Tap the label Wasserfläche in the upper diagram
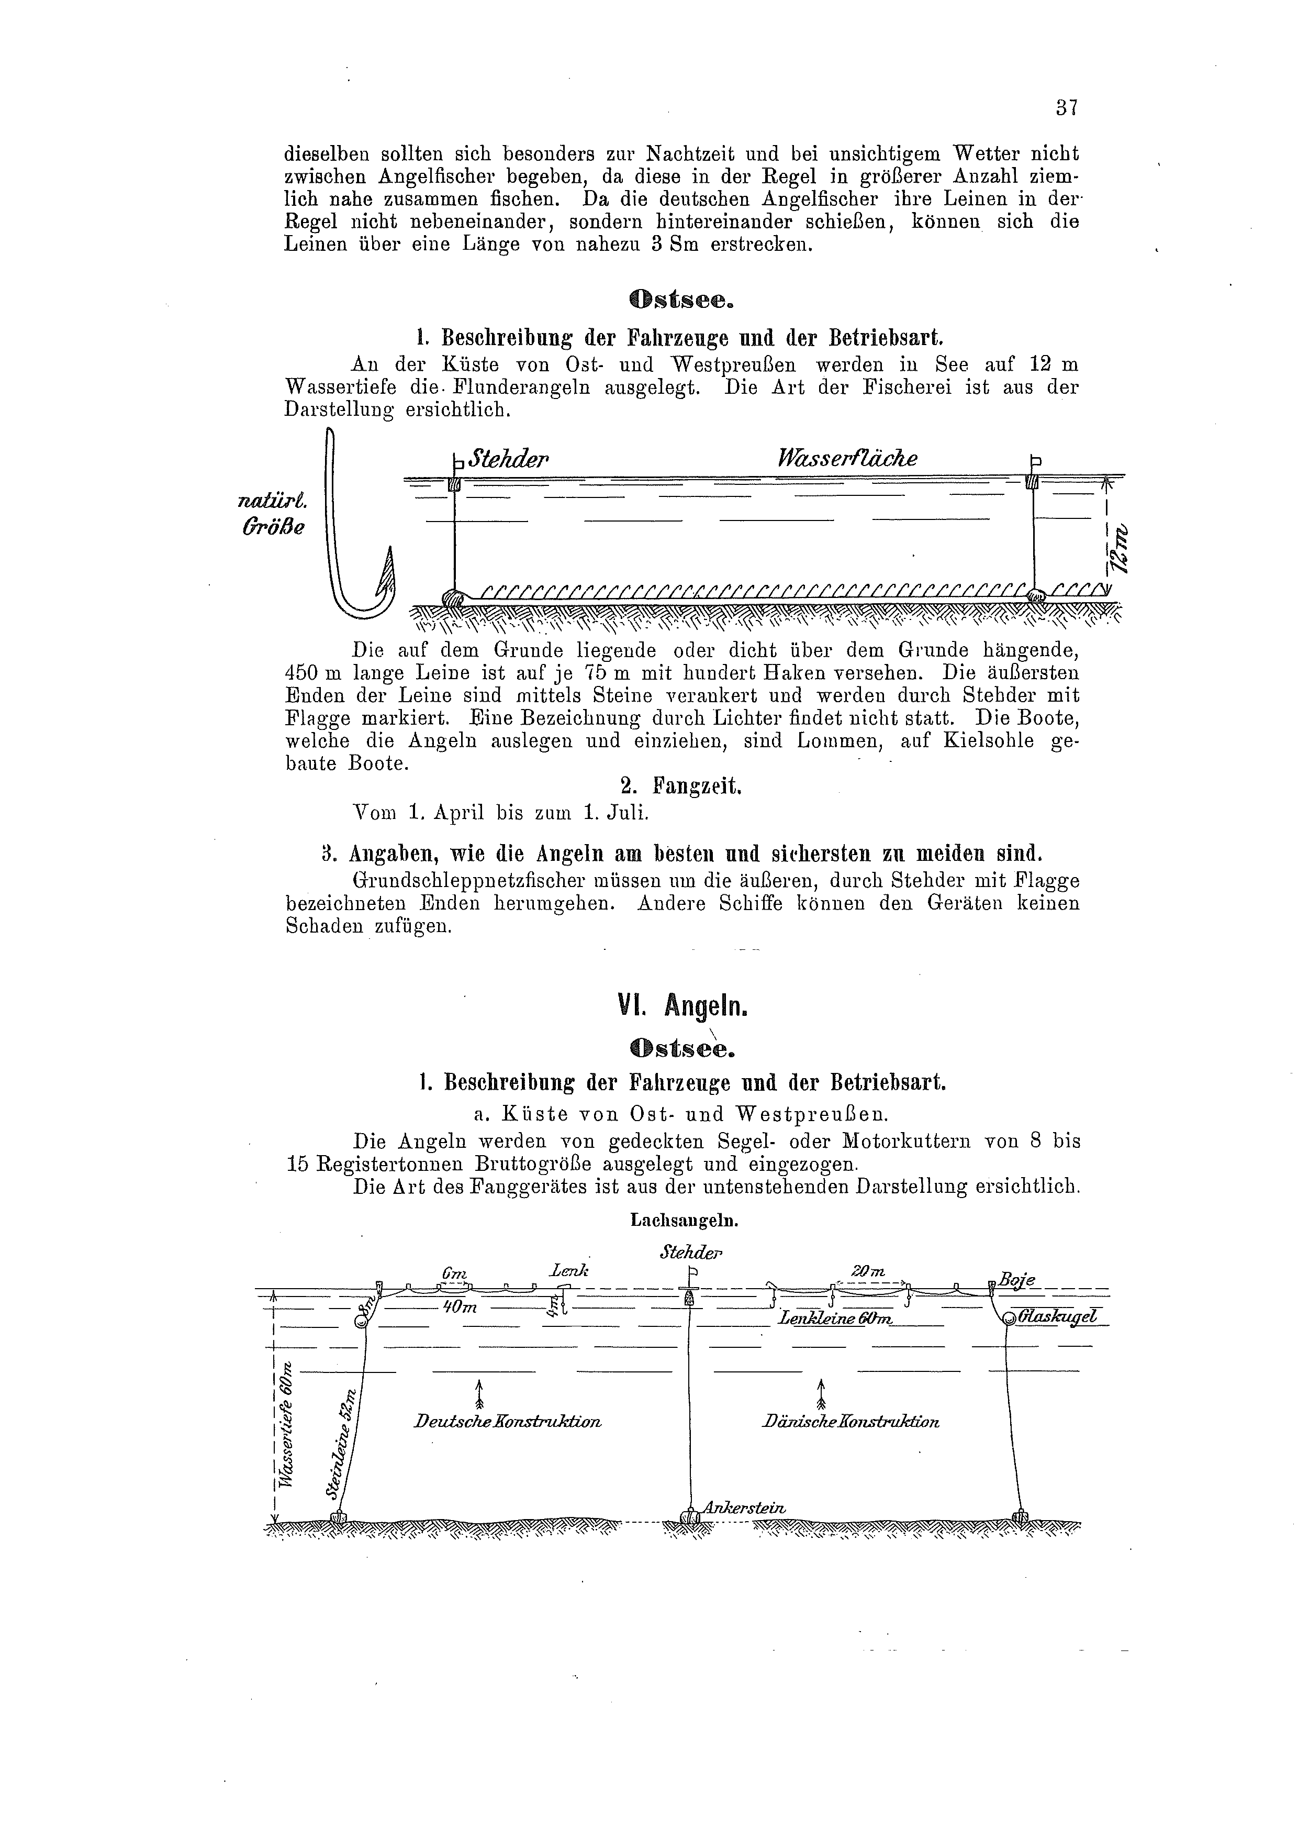click(x=847, y=458)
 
